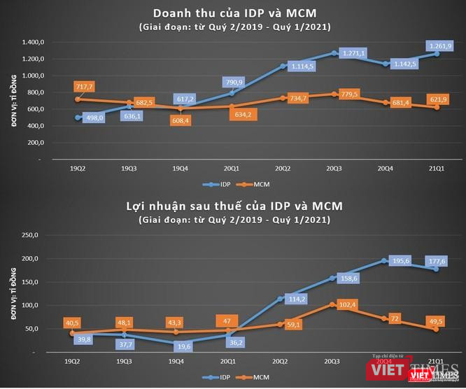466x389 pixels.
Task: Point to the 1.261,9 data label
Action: (x=440, y=46)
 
